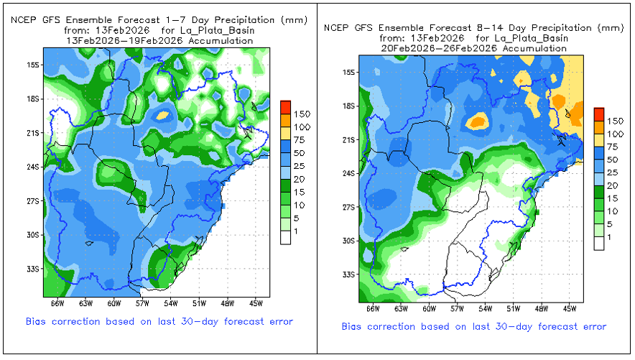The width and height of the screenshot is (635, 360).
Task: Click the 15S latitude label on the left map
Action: click(x=32, y=65)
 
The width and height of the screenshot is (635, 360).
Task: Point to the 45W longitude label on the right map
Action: click(x=570, y=310)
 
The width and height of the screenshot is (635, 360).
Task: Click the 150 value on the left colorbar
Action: click(x=302, y=114)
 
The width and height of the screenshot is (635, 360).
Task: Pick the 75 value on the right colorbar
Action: click(x=614, y=146)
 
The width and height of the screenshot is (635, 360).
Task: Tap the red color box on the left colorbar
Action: click(x=285, y=107)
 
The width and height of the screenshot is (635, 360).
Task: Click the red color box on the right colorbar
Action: click(x=599, y=114)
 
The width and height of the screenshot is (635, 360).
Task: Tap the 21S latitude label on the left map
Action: click(x=32, y=133)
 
